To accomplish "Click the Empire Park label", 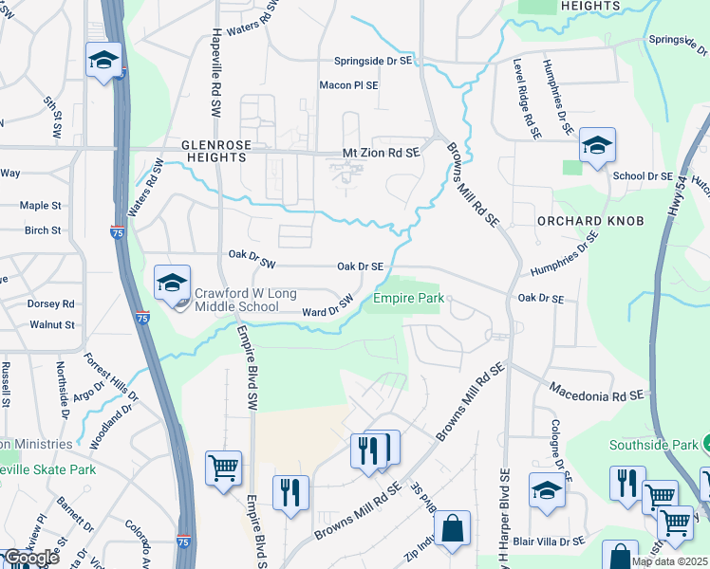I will point(408,298).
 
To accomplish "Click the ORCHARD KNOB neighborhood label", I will point(590,221).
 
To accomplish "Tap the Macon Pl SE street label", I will point(348,85).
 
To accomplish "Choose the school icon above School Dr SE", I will point(597,145).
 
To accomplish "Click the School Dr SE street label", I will point(643,176).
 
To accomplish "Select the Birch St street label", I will point(43,230).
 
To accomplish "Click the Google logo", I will point(30,558).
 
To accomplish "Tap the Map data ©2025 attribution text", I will point(669,561).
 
